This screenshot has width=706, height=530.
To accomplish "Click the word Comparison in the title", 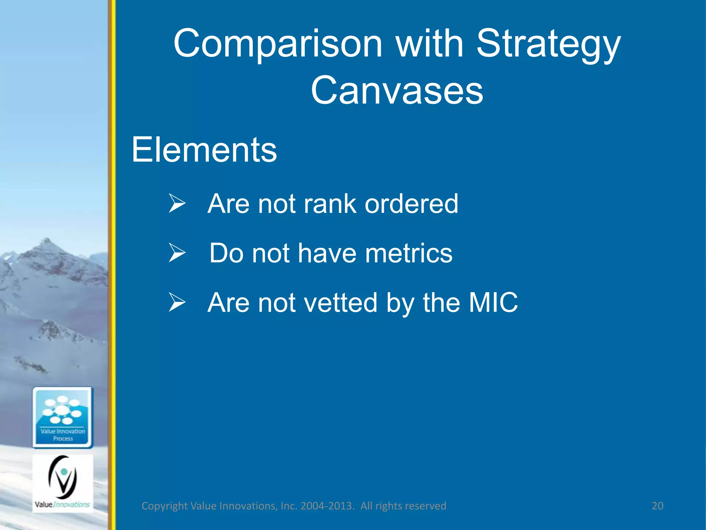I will [x=278, y=44].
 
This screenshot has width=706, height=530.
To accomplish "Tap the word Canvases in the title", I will [x=397, y=90].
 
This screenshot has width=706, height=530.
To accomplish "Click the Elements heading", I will [x=204, y=149].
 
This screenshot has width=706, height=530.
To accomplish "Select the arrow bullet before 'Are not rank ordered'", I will [x=177, y=203].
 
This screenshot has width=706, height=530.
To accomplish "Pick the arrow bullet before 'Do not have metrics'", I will [x=177, y=253].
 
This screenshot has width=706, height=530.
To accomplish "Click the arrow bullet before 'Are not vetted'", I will [x=177, y=302].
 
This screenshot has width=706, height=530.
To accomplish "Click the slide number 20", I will [x=657, y=506].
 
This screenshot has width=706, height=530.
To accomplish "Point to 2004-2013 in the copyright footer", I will [x=327, y=506].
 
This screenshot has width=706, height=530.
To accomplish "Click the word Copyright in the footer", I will [x=165, y=506].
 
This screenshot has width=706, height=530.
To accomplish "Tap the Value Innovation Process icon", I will [x=63, y=418].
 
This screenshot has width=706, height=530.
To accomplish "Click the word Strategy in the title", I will [x=548, y=44].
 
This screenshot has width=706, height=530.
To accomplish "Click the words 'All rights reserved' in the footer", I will [x=403, y=506].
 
